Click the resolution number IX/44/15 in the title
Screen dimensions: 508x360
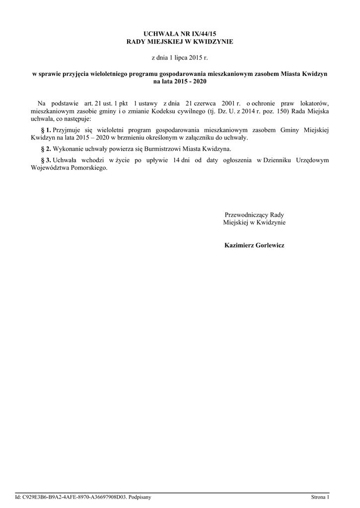(x=204, y=33)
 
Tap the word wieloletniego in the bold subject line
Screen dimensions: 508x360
(x=108, y=73)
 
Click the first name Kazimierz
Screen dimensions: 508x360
(x=239, y=246)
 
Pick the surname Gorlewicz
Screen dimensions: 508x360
(x=270, y=246)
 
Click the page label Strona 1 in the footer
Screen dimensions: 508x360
(x=320, y=497)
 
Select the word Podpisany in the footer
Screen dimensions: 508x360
(x=140, y=497)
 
